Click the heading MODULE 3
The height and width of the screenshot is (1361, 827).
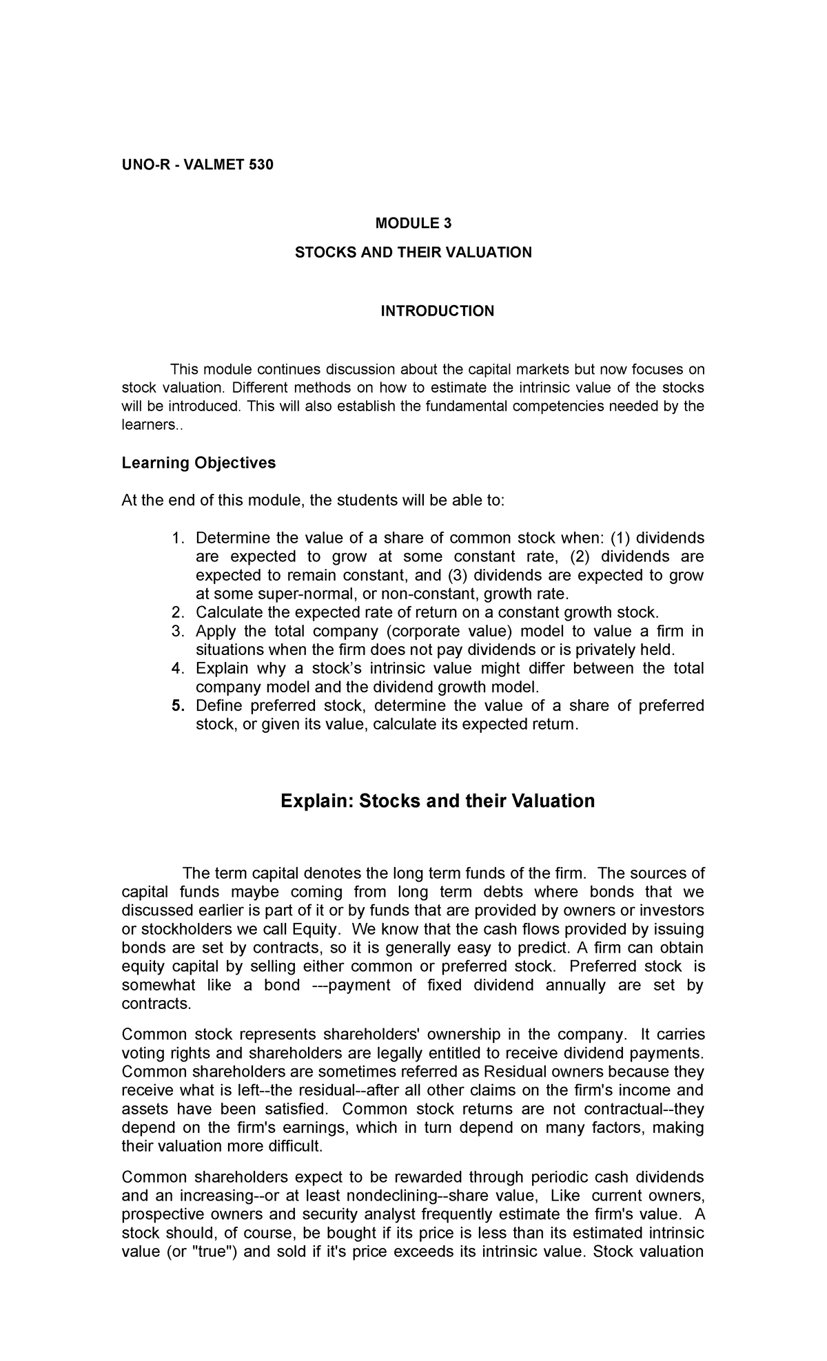tap(413, 223)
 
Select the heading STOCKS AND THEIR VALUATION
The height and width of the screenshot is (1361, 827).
tap(413, 252)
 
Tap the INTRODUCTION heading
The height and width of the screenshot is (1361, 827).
tap(438, 311)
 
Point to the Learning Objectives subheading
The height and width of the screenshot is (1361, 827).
tap(198, 463)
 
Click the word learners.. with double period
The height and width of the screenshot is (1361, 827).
tap(149, 425)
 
